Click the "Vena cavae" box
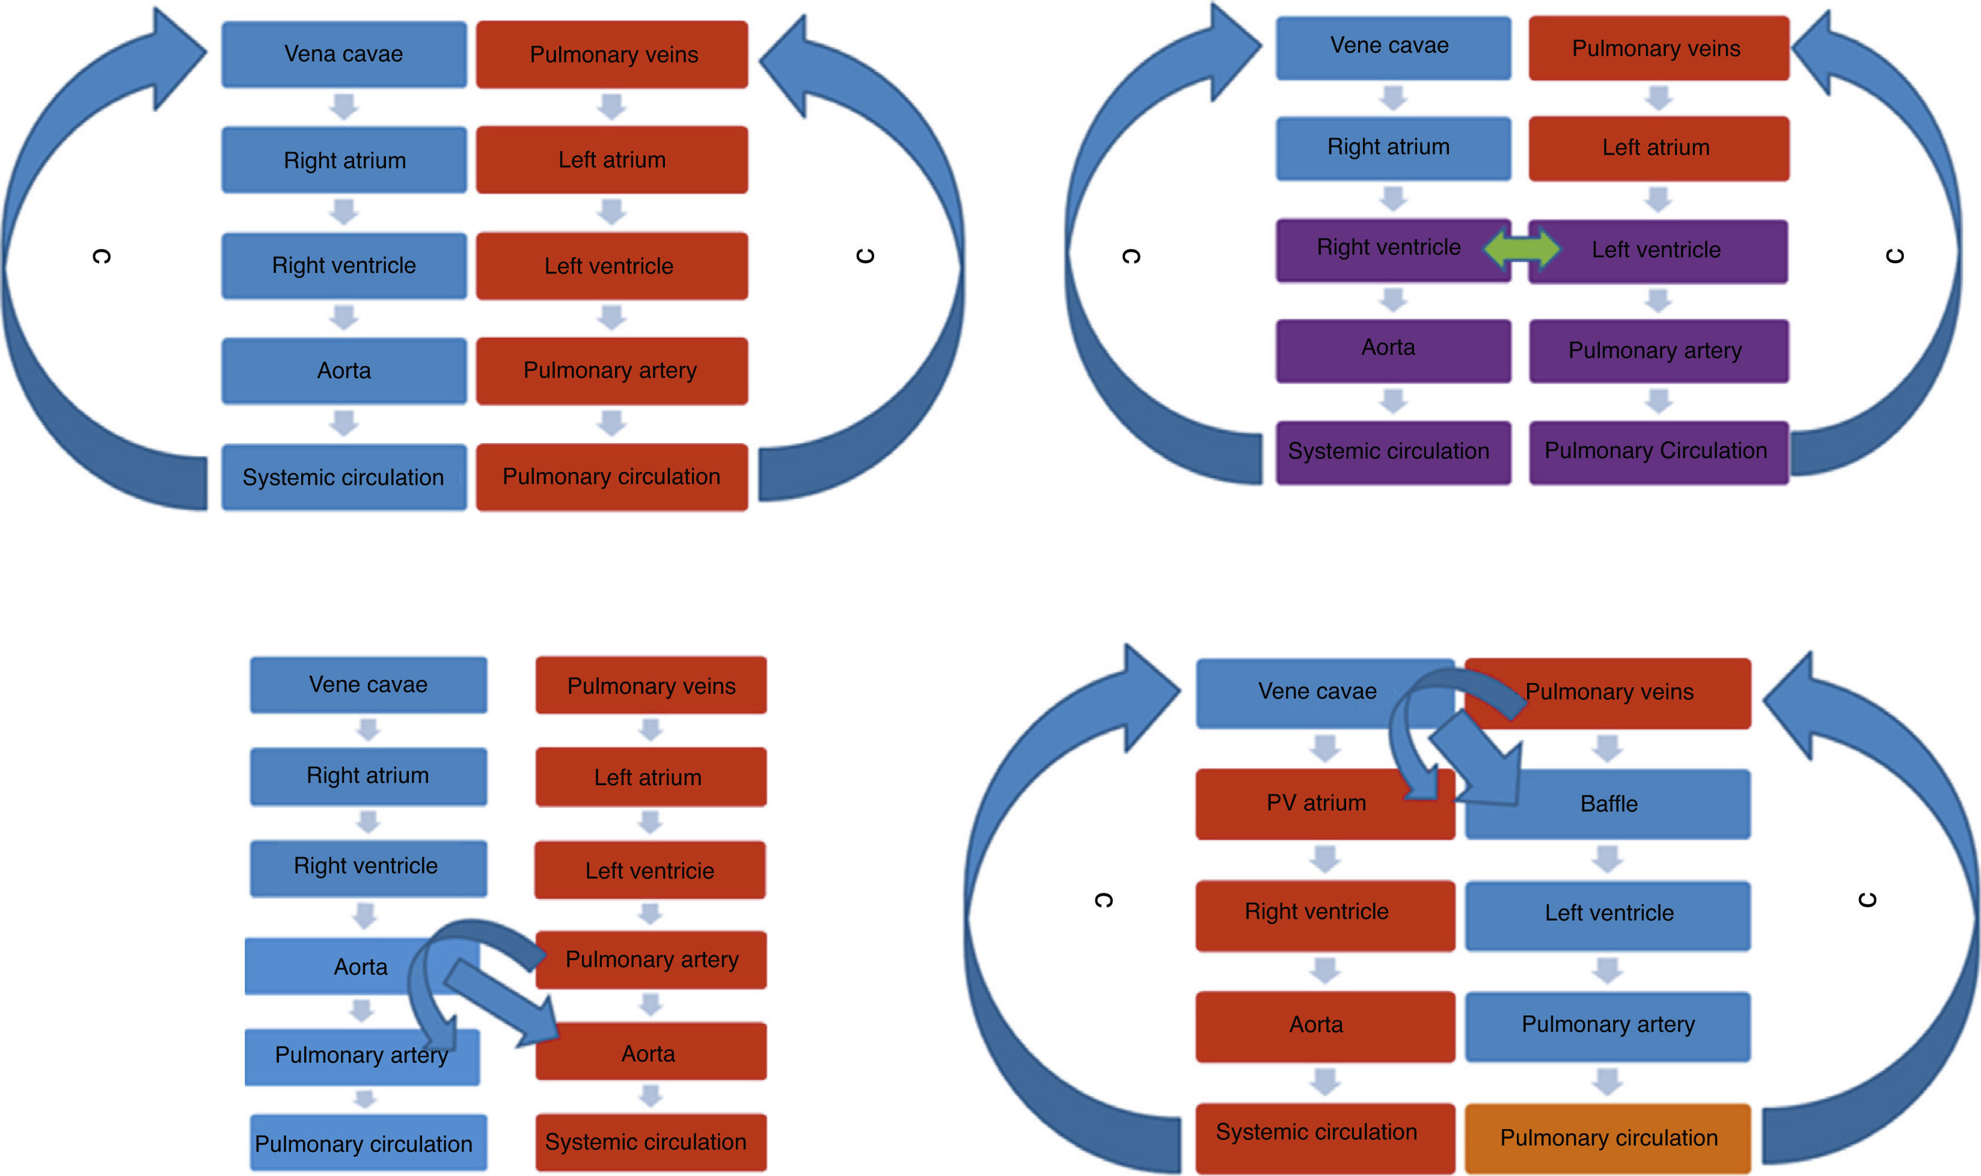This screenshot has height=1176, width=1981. (x=343, y=54)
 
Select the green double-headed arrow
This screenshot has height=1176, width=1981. (x=1520, y=248)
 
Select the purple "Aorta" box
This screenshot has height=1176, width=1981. (x=1388, y=349)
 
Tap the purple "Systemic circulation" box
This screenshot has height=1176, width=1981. (x=1388, y=452)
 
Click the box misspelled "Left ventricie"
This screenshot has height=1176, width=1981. (x=650, y=871)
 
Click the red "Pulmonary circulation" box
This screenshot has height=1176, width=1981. (x=611, y=477)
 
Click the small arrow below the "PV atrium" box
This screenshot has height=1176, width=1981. (x=1325, y=858)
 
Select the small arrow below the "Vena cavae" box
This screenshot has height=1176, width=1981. (x=344, y=106)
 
